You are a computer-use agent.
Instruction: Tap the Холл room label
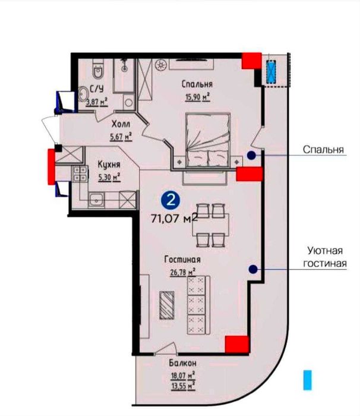pos(121,125)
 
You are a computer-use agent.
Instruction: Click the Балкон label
pos(182,363)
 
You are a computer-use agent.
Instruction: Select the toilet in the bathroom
pos(100,72)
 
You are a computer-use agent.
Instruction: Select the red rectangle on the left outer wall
pos(50,165)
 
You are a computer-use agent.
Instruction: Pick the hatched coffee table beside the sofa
pos(168,307)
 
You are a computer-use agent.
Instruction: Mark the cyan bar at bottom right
pos(307,380)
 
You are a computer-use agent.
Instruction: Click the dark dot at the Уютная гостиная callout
pos(252,269)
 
